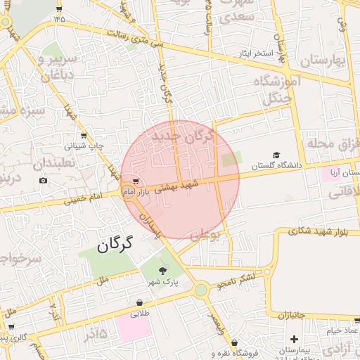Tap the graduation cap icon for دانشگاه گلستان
click(276, 155)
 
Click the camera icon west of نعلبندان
click(44, 181)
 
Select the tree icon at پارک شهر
click(163, 269)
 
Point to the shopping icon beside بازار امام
click(135, 181)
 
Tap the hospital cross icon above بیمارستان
click(292, 340)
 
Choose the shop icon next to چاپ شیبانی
click(84, 135)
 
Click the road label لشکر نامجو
click(236, 280)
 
